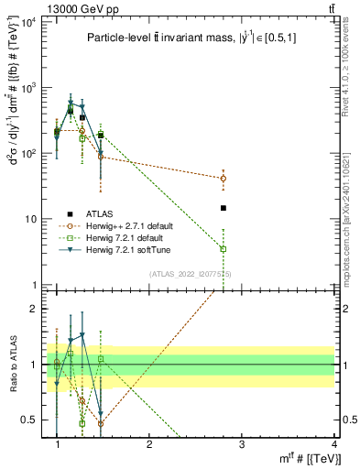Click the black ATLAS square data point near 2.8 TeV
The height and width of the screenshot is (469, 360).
224,208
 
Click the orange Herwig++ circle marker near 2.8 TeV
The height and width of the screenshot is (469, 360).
224,179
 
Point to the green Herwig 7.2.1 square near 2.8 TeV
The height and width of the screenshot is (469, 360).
224,249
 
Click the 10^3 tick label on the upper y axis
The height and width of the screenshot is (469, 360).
29,88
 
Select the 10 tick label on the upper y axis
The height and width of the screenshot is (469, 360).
31,220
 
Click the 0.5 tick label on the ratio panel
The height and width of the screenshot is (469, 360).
29,420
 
